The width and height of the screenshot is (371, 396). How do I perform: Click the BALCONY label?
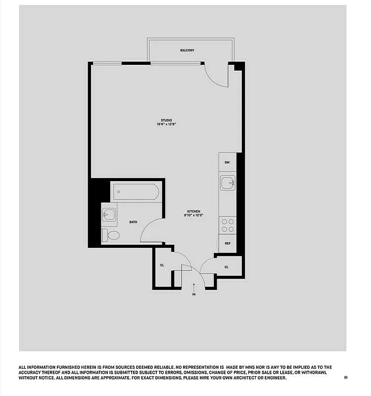click(187, 50)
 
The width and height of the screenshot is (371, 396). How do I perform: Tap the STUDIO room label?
click(166, 120)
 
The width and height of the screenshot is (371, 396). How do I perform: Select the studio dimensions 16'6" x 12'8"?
click(166, 125)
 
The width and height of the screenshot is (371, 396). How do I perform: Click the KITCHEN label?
click(194, 211)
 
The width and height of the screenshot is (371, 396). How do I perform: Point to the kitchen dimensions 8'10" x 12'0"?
click(194, 215)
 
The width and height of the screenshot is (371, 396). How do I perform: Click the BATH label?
click(133, 222)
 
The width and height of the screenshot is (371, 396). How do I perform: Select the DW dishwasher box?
click(227, 162)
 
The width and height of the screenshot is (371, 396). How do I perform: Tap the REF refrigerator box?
click(228, 244)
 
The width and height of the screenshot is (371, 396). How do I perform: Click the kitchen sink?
click(228, 183)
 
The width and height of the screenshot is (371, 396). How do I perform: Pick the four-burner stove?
click(228, 225)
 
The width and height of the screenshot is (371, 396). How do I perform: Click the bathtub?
click(136, 192)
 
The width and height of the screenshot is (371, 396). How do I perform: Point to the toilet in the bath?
click(111, 235)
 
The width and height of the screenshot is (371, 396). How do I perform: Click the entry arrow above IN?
click(194, 287)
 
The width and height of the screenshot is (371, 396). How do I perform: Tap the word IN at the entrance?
click(194, 295)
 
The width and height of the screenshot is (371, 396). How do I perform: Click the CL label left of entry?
click(162, 265)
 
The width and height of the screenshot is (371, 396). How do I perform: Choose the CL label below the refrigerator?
click(227, 267)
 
